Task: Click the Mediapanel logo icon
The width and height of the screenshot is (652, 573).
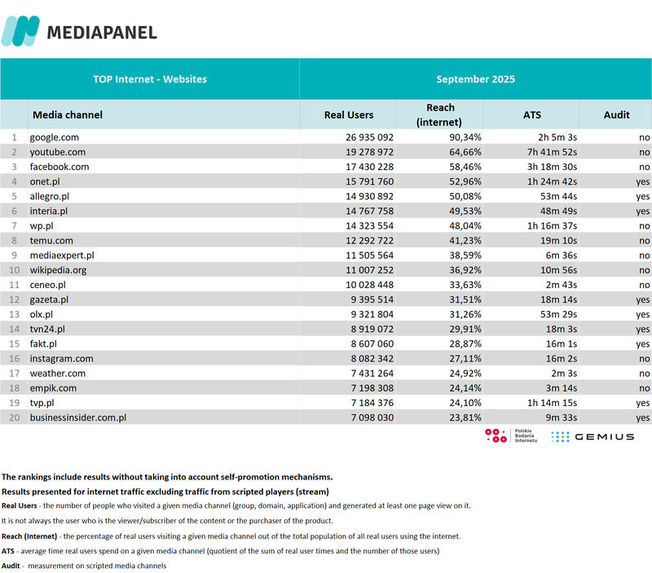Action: [20, 31]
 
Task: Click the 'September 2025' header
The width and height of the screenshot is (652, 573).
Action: [475, 79]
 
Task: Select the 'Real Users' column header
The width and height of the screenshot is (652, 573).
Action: [348, 115]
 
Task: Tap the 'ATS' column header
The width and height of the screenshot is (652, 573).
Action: [531, 115]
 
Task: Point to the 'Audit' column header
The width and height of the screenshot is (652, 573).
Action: [616, 115]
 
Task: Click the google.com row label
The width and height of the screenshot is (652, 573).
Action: [55, 138]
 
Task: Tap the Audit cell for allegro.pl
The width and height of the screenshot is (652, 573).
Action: [643, 196]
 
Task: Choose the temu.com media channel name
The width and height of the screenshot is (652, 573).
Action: [52, 240]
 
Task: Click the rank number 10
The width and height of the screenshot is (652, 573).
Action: [13, 270]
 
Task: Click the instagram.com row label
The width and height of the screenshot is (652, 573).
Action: [62, 358]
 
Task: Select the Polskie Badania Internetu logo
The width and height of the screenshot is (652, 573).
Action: [509, 435]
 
